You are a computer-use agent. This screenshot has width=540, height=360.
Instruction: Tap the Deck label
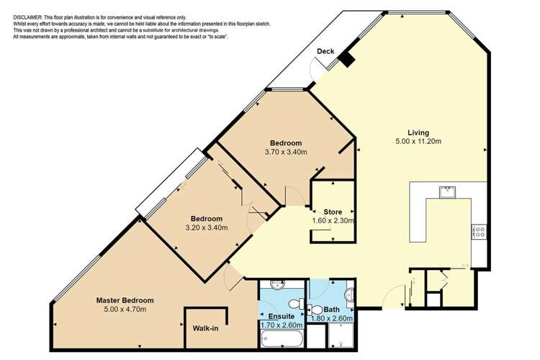point(325,51)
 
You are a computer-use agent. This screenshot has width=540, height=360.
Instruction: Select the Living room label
point(418,132)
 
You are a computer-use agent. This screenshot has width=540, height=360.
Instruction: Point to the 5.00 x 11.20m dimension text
point(418,142)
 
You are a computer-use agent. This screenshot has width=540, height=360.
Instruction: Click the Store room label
point(333,212)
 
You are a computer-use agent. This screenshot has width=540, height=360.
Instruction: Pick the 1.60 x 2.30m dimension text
point(333,221)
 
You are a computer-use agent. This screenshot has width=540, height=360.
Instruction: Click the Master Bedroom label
point(125,300)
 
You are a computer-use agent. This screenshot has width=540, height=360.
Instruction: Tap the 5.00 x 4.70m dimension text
point(125,310)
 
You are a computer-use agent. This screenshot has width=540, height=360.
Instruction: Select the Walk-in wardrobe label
point(206,328)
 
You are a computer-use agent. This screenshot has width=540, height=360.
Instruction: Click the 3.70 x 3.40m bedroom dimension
point(286,152)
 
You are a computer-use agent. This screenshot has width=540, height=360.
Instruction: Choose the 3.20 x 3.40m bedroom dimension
point(206,228)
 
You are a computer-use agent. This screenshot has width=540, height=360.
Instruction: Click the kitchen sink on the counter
point(446,191)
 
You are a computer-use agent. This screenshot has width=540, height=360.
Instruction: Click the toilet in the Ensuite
point(297,305)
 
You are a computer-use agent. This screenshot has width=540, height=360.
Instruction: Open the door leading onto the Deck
point(317,70)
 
